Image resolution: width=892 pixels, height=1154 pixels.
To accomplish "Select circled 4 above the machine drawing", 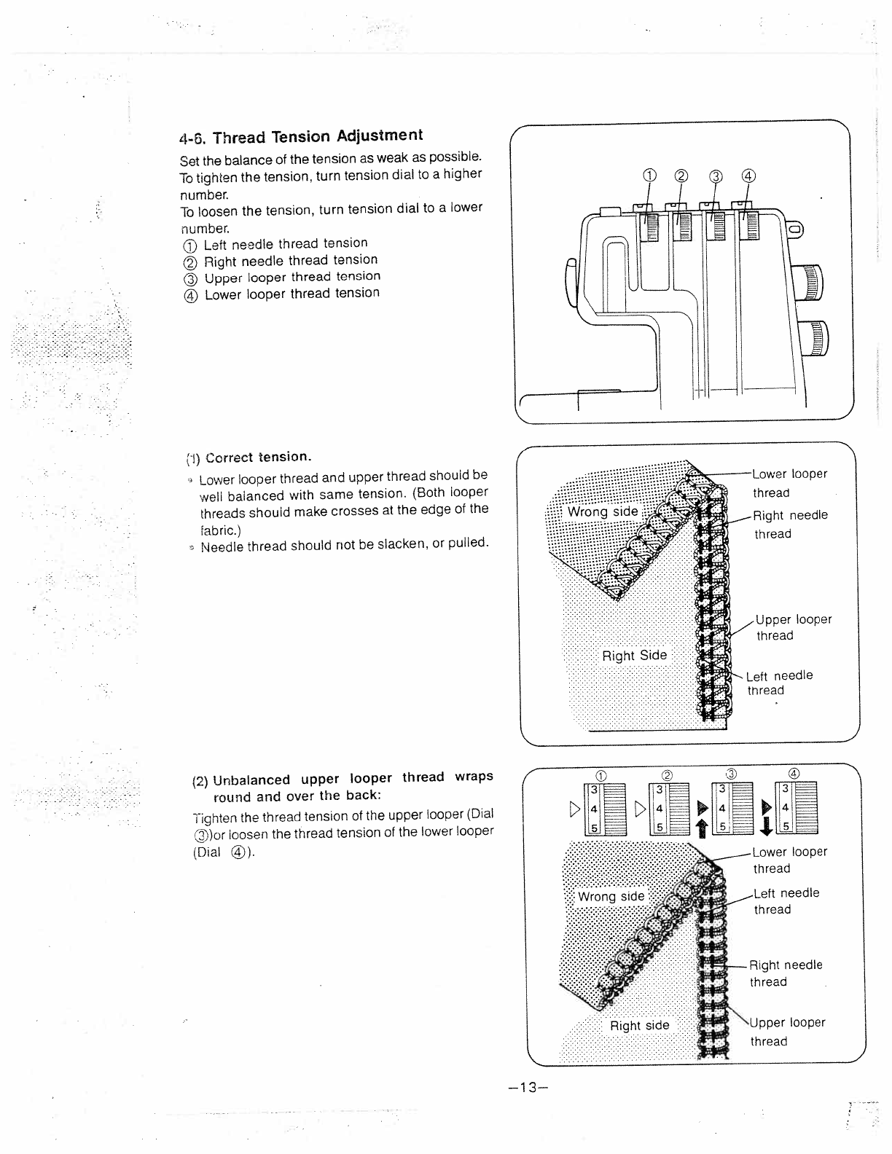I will point(748,175).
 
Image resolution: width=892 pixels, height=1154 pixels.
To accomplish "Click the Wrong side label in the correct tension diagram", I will point(603,511).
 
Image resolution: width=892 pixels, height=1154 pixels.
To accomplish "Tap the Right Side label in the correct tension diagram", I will point(634,655).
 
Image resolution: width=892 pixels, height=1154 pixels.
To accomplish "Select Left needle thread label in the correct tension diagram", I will point(779,683).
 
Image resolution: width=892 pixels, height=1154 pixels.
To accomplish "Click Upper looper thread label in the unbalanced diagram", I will point(787,1032).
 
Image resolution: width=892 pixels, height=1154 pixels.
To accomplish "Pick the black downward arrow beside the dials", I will point(765,828).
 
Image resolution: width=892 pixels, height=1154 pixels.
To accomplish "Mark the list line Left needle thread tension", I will point(285,243).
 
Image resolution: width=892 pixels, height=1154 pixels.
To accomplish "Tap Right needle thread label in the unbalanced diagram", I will point(785,973).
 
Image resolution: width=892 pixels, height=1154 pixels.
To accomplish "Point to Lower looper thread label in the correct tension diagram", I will point(789,482).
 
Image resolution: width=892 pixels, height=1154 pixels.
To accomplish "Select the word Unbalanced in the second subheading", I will point(251,780).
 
